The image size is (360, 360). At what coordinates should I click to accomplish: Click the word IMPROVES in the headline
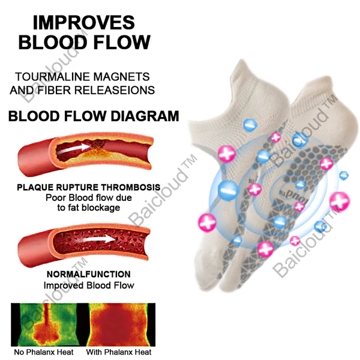tap(84, 23)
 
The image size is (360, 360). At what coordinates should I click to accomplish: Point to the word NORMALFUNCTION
tap(89, 274)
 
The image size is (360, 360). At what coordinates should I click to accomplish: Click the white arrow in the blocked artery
tap(73, 149)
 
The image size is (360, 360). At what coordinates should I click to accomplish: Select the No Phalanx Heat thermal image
tap(50, 325)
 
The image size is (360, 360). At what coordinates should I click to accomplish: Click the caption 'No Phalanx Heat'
tap(44, 352)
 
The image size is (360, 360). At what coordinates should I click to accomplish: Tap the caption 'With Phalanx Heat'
tap(119, 352)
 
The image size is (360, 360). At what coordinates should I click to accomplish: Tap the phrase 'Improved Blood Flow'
tap(89, 286)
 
